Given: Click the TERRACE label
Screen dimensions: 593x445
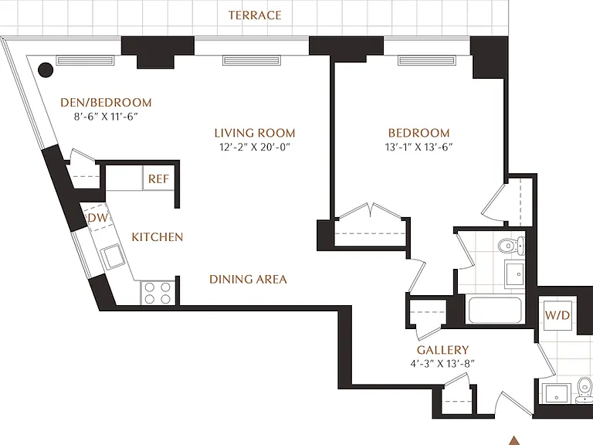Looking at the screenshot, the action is [255, 15].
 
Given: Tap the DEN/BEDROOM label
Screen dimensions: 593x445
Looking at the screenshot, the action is [107, 103].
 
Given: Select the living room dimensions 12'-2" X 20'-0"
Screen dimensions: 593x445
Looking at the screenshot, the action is [255, 148].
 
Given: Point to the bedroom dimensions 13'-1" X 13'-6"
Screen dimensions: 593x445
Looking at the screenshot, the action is [419, 148].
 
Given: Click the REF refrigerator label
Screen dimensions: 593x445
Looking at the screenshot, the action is [158, 179].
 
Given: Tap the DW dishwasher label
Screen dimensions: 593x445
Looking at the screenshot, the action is [98, 218].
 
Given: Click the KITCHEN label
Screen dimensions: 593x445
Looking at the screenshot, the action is [158, 237].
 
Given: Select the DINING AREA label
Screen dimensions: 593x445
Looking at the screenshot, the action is [248, 280].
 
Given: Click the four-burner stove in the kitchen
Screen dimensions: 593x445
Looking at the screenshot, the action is [158, 293].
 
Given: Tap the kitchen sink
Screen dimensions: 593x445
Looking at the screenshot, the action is [114, 256].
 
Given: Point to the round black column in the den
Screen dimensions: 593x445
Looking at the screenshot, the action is [46, 70].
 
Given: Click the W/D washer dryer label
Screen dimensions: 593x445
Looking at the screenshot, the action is [557, 315].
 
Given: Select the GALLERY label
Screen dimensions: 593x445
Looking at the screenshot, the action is [443, 350].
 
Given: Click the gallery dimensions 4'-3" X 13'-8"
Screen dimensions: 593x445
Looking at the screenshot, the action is [442, 364].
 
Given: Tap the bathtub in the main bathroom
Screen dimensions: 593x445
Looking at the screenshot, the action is [495, 310].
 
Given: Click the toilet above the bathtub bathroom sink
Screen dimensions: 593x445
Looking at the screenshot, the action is [510, 246].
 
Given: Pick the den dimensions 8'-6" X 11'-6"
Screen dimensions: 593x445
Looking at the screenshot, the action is [106, 117].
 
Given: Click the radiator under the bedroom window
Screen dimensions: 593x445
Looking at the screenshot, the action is [426, 60].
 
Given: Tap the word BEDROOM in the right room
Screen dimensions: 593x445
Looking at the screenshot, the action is [419, 133].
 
